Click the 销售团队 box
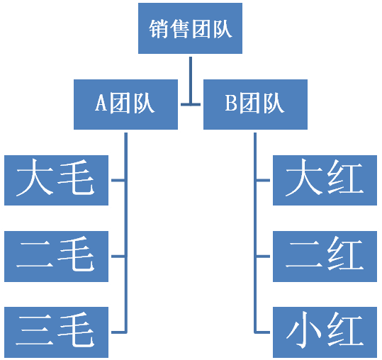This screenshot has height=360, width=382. (190, 28)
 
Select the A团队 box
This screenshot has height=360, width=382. (125, 104)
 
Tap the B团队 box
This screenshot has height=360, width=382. (255, 104)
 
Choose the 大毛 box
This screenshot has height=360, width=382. (56, 180)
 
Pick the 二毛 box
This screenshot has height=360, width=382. (56, 257)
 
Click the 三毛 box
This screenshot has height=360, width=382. (56, 332)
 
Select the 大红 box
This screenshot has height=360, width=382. (325, 180)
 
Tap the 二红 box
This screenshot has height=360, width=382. (325, 257)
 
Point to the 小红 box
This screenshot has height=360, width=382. (325, 332)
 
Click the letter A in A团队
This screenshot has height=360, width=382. (101, 103)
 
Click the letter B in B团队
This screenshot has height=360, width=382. (231, 103)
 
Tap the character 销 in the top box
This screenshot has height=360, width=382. (159, 29)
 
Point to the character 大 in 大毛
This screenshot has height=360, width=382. (35, 177)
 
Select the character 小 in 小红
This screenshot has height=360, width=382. (303, 330)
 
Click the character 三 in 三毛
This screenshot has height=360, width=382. (35, 330)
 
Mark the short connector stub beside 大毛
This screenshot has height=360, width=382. (118, 180)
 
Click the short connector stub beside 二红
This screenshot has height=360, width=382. (263, 257)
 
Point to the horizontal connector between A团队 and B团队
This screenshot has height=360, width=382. (191, 104)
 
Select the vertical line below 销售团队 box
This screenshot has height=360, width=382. (191, 80)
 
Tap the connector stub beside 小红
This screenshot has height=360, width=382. (263, 332)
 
